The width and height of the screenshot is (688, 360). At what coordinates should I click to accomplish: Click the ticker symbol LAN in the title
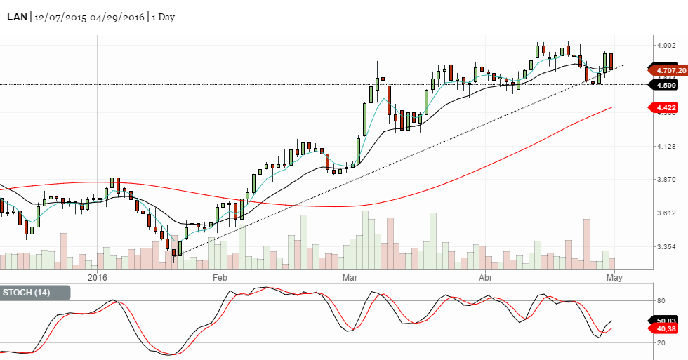[x=18, y=17]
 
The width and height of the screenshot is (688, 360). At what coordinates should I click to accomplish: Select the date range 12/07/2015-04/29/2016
[x=88, y=17]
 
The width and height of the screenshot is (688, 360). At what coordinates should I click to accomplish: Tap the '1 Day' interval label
[x=163, y=17]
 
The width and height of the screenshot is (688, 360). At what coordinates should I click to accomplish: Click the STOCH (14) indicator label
[x=27, y=293]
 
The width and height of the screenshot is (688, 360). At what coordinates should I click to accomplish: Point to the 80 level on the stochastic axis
[x=661, y=301]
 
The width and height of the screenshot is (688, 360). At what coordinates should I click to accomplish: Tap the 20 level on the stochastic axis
[x=661, y=343]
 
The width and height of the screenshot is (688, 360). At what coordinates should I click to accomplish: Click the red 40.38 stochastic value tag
[x=666, y=328]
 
